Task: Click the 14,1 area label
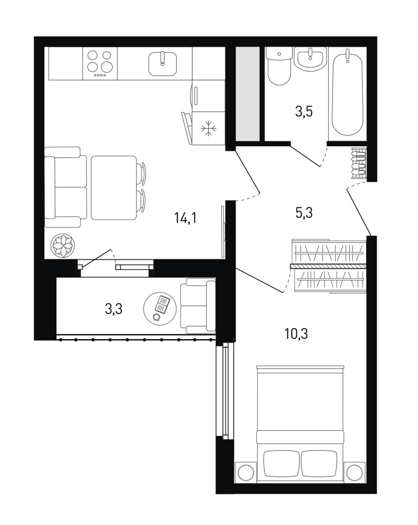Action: (185, 218)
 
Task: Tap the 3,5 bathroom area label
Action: (303, 111)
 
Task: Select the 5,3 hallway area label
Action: (304, 212)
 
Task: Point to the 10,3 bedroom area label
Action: (296, 334)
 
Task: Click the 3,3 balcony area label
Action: (114, 309)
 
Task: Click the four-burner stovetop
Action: (99, 63)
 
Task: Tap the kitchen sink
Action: (163, 63)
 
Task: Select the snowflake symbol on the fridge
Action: (209, 128)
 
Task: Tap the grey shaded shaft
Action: (248, 94)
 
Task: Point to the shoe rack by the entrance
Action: (359, 163)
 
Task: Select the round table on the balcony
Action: (160, 308)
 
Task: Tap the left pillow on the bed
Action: (281, 463)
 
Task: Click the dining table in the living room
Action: (114, 188)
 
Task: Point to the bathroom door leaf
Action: (305, 155)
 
